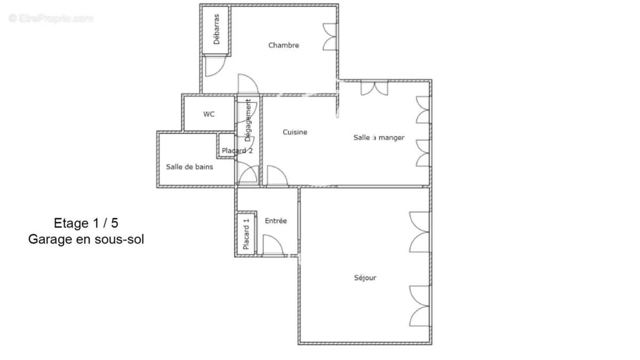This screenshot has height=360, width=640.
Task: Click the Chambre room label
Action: [x=283, y=45]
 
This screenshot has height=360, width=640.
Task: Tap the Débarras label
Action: [x=217, y=29]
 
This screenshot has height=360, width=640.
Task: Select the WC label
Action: [x=209, y=114]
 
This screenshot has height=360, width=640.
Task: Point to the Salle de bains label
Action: [x=189, y=167]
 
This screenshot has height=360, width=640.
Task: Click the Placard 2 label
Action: [x=237, y=150]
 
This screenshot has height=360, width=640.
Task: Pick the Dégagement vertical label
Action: [x=248, y=121]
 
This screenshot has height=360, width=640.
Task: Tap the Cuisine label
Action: [x=295, y=132]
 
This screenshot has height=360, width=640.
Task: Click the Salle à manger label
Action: [x=379, y=138]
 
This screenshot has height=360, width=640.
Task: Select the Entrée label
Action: [x=276, y=221]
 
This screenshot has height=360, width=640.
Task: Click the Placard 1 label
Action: [x=246, y=234]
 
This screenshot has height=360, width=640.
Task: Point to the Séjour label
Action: [x=365, y=277]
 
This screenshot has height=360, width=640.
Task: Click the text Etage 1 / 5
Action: [x=86, y=223]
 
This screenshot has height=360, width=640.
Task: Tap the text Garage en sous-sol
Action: [x=86, y=239]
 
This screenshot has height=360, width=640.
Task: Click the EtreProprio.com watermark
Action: [x=51, y=18]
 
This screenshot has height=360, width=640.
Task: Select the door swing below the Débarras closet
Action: [x=215, y=66]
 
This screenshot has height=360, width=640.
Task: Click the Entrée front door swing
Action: [x=273, y=245]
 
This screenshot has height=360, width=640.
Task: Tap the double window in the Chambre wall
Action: [x=330, y=37]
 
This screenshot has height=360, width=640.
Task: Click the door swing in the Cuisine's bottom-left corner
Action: [x=277, y=175]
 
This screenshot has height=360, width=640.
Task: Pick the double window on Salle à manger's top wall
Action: [x=374, y=89]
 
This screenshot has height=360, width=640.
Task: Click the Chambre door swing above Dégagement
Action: [x=248, y=84]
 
